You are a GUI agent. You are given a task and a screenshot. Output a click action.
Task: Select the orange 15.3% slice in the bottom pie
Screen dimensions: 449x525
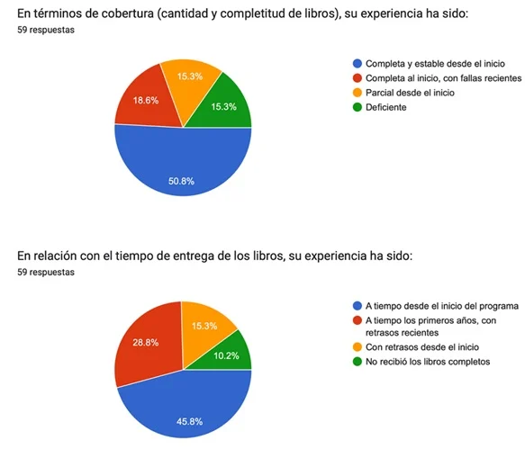205,325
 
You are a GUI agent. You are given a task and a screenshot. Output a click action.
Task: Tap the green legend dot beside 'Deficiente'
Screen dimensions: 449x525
358,107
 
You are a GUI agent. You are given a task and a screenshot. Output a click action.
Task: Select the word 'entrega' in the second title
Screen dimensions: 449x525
188,256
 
